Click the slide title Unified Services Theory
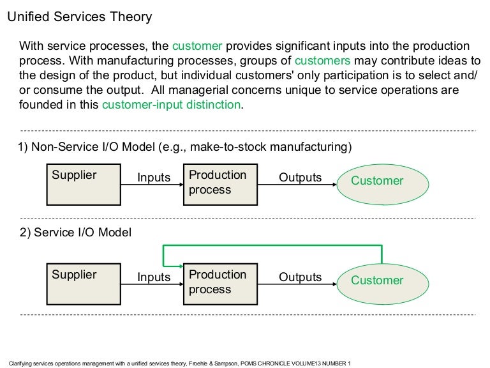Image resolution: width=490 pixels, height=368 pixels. pyautogui.click(x=79, y=17)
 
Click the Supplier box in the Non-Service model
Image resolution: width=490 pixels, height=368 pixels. pyautogui.click(x=84, y=184)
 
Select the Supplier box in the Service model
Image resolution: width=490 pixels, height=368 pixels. pyautogui.click(x=84, y=284)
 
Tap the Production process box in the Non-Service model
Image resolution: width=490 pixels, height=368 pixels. pyautogui.click(x=218, y=184)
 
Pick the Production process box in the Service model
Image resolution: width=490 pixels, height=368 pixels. pyautogui.click(x=218, y=284)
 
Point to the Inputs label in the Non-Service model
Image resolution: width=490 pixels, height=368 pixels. pyautogui.click(x=154, y=178)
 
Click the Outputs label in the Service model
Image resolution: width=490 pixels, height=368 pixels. pyautogui.click(x=300, y=277)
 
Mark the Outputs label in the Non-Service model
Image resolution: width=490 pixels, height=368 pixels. pyautogui.click(x=300, y=178)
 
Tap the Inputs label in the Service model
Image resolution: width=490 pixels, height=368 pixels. pyautogui.click(x=154, y=277)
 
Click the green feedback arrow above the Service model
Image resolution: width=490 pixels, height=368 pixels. pyautogui.click(x=274, y=245)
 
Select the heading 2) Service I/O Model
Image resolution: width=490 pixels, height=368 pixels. pyautogui.click(x=75, y=233)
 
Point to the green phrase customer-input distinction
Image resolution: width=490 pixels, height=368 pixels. pyautogui.click(x=171, y=105)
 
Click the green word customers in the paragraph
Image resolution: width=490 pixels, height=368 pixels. pyautogui.click(x=322, y=61)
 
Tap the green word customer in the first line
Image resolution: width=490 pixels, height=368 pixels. pyautogui.click(x=197, y=47)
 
